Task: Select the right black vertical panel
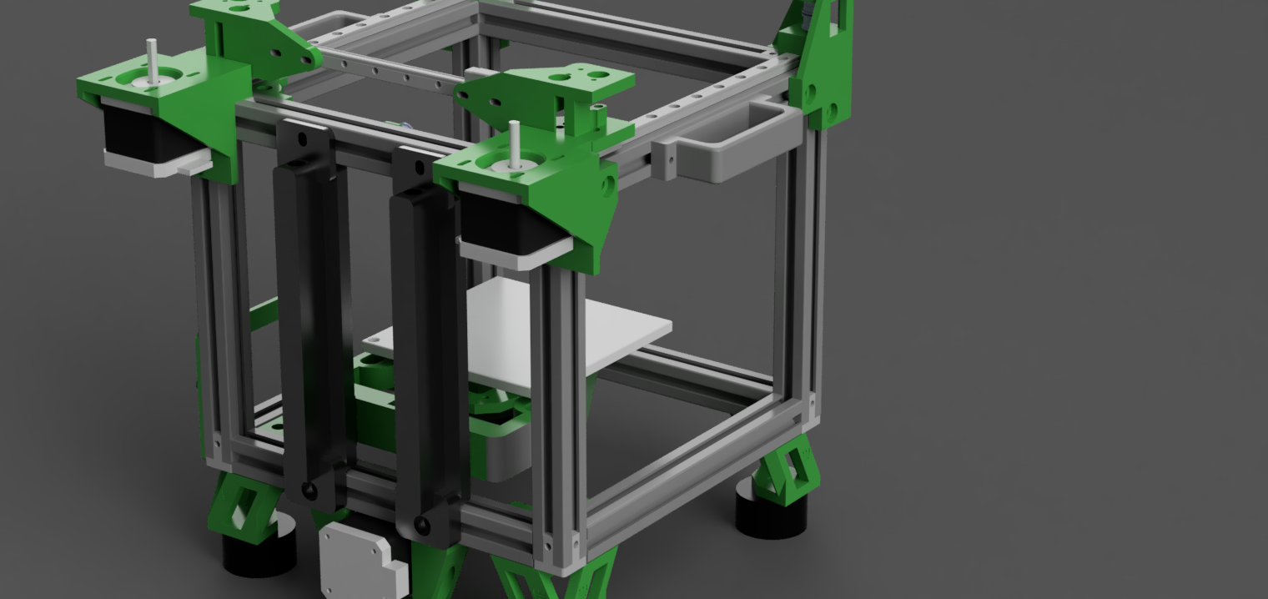click(427, 350)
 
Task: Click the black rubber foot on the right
click(772, 513)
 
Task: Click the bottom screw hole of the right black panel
click(422, 526)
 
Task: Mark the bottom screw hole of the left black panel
click(309, 491)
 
